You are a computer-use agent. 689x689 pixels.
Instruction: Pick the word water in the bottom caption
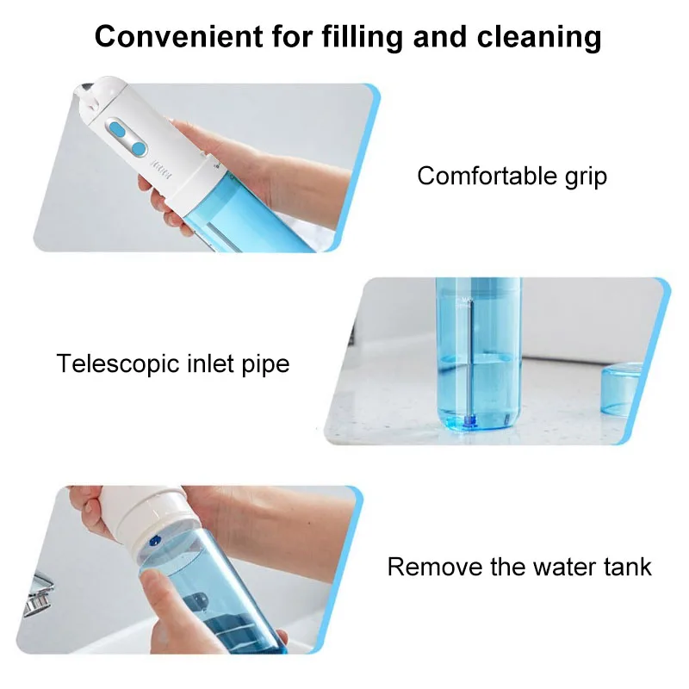coord(562,567)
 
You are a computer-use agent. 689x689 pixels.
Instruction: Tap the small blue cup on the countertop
coord(628,392)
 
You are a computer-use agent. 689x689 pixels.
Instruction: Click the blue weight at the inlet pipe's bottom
coord(469,423)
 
